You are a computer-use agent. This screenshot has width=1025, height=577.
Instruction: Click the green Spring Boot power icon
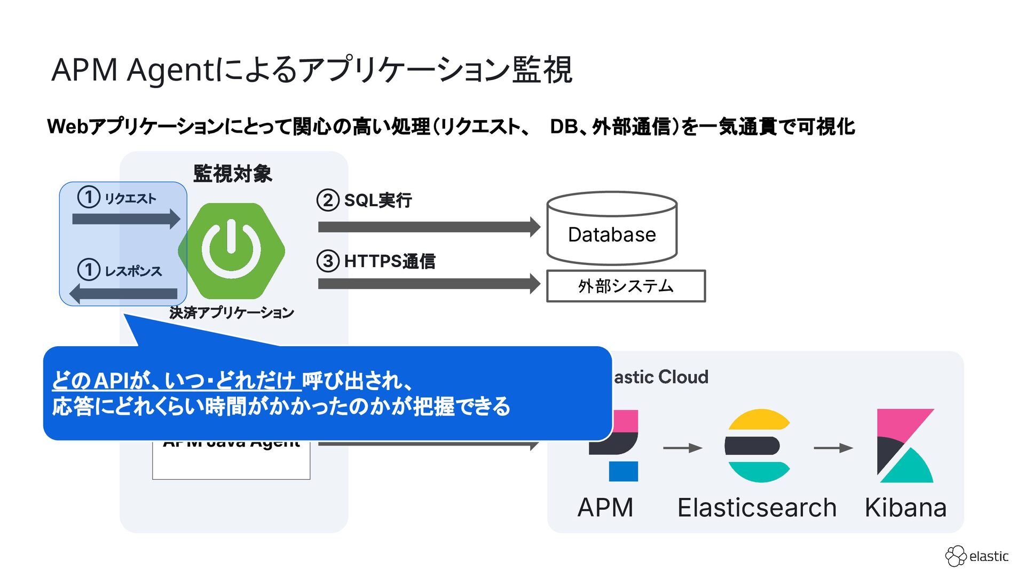(x=232, y=250)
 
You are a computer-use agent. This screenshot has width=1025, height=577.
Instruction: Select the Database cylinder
(x=612, y=229)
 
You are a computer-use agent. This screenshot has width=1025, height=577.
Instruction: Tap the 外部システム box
(x=626, y=286)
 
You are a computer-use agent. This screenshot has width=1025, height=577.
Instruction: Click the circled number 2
(x=328, y=200)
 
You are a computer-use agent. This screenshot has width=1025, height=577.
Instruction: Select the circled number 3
(x=328, y=261)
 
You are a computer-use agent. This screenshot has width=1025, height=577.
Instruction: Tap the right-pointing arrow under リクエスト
(x=126, y=219)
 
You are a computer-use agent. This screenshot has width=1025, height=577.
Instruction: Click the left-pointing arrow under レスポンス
(x=124, y=293)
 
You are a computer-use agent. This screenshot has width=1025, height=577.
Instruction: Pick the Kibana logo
(x=905, y=446)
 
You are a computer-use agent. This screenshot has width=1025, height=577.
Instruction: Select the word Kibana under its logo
(x=905, y=508)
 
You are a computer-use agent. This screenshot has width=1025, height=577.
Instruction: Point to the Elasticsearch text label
(x=756, y=508)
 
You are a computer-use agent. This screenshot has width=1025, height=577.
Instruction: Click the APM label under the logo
(x=605, y=508)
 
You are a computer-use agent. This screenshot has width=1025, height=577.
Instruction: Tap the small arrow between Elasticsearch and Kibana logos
(x=833, y=448)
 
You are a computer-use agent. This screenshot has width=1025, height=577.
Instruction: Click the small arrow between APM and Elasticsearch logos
(x=682, y=448)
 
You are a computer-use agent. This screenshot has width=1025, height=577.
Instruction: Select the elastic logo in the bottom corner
(x=976, y=556)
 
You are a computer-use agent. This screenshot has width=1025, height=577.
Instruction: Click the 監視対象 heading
(x=233, y=174)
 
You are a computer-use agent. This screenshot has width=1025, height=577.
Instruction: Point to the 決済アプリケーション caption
(x=232, y=313)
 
